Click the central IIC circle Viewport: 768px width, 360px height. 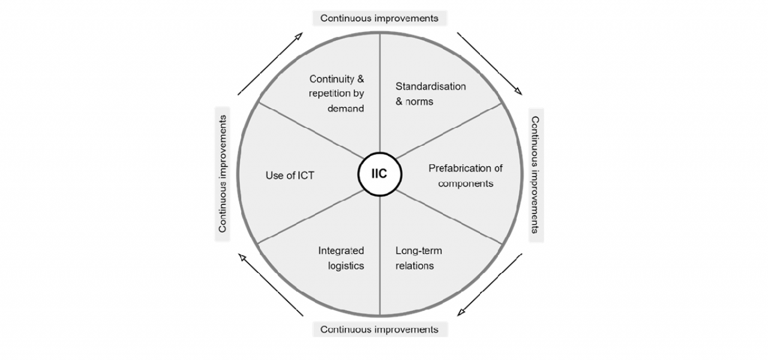point(380,174)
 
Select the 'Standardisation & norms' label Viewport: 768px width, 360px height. point(430,94)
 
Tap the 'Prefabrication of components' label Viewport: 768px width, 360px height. point(465,175)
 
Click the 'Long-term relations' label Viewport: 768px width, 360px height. point(418,258)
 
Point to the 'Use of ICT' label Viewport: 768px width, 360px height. point(290,175)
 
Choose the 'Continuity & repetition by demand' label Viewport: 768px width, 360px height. point(337,94)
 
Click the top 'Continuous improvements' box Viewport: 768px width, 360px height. point(379,18)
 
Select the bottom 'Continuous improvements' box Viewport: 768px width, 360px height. point(379,329)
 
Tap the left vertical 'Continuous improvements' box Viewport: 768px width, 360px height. point(223,174)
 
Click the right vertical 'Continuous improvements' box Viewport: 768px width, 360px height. point(536,174)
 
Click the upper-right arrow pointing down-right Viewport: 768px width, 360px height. point(489,63)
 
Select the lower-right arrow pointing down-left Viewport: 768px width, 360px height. point(489,284)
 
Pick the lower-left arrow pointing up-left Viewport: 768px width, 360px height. point(270,284)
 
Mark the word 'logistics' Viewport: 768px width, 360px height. point(346,265)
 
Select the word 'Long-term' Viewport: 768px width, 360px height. point(418,251)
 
